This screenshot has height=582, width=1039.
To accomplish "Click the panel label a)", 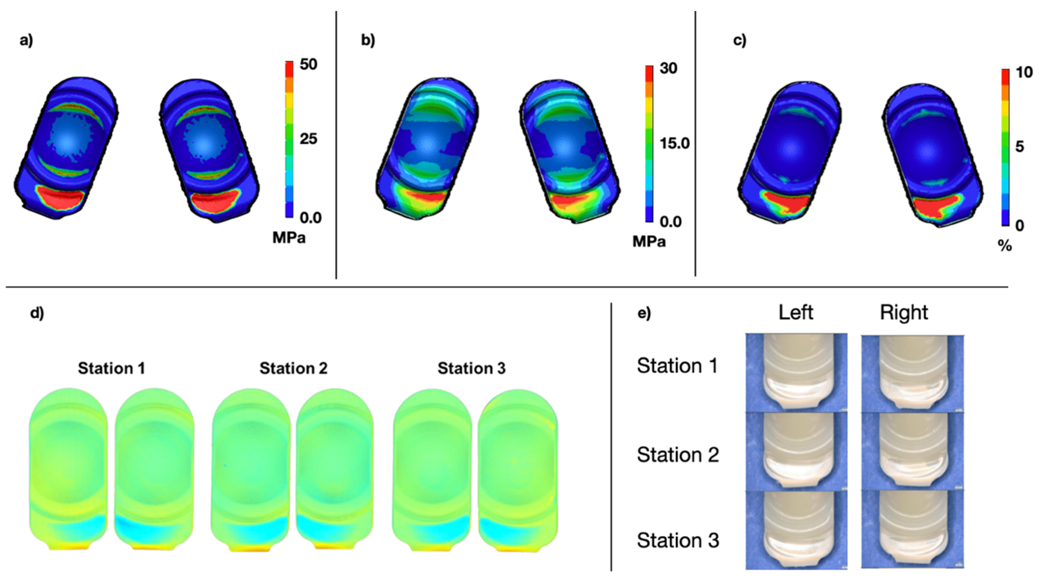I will [27, 41].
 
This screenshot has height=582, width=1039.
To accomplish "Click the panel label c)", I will [739, 41].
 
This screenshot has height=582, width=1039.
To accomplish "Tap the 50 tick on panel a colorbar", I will [308, 64].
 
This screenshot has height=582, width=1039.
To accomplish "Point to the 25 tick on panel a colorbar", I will [308, 139].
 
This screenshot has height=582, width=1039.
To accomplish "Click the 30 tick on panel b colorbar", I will [668, 68].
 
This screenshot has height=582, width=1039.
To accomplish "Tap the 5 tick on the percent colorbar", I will [1020, 147].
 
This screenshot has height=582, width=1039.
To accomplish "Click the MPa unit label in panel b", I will [649, 241].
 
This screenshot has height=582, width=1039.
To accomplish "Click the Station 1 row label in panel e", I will [677, 366].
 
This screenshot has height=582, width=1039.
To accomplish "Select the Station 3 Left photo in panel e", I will [796, 530].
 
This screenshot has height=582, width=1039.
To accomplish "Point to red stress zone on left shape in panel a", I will [60, 198].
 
